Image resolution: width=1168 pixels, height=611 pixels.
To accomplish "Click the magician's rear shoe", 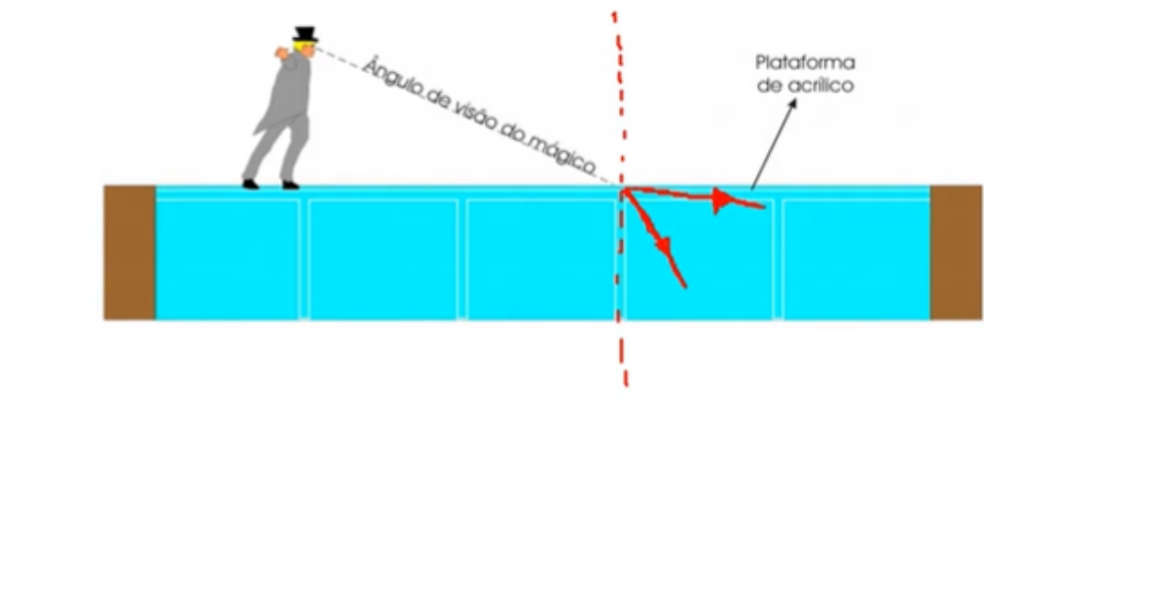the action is point(251,183).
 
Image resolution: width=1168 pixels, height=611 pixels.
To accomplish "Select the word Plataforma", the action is point(805,63).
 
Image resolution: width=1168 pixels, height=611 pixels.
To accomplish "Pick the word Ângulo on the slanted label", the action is point(386,77).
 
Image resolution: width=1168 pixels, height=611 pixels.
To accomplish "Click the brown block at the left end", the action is point(129,252).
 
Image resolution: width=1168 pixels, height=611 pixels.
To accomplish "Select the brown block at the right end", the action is point(956,252).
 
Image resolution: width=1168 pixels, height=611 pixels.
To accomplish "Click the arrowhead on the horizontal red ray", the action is point(721,201).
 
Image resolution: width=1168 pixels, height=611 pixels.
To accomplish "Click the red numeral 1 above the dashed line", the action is point(614,18).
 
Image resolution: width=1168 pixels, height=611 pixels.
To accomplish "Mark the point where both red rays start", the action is point(623,189).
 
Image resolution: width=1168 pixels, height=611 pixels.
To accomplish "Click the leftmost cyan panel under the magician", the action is point(228,258).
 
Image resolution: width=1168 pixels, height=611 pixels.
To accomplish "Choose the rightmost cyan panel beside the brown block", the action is point(856,258).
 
